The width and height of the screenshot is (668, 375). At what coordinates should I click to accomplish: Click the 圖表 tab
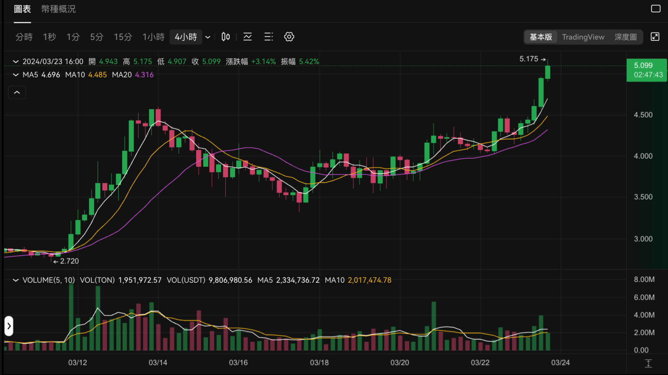[22, 9]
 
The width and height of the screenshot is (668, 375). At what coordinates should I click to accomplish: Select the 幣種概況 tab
[58, 9]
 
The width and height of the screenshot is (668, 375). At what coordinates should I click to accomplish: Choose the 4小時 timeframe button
[186, 37]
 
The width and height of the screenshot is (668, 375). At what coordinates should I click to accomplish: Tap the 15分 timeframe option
[123, 37]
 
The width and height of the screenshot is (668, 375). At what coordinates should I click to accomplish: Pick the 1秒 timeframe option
[49, 37]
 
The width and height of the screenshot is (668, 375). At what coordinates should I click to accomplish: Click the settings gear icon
[289, 37]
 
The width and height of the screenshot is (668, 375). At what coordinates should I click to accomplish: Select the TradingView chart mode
[583, 37]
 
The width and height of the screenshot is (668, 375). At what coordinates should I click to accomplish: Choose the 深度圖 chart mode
[625, 37]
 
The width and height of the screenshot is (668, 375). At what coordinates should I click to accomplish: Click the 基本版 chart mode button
[541, 37]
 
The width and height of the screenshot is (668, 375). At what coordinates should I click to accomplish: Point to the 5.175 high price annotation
[529, 59]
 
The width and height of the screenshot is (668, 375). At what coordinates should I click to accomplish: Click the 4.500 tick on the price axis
[643, 115]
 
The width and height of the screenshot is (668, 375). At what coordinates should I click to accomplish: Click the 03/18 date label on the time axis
[319, 363]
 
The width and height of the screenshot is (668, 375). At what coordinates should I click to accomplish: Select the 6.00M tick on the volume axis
[644, 297]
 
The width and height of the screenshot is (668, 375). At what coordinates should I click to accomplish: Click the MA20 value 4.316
[144, 75]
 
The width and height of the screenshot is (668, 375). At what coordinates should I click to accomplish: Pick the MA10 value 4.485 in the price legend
[97, 75]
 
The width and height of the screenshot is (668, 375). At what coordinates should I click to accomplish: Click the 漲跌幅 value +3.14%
[263, 61]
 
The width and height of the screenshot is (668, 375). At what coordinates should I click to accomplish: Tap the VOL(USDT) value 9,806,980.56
[230, 280]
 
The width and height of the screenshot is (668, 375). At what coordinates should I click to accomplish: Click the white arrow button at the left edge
[9, 326]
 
